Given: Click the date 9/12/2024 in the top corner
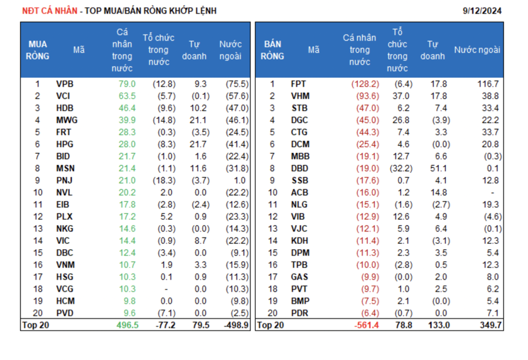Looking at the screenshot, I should point(482,11).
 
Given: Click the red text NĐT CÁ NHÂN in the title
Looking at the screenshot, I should point(49,11).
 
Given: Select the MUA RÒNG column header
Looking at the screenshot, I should point(38,50).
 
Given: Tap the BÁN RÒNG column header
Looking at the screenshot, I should point(272,50).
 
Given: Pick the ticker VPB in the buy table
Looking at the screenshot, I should point(65,84).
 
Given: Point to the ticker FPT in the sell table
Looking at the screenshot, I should point(299,84).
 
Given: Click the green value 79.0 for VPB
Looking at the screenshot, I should point(127,84).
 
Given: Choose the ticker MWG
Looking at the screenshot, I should point(67,120).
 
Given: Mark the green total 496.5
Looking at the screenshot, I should point(127,325).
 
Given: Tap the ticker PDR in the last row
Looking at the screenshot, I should point(299,313).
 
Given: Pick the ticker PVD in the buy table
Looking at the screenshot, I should point(65,313).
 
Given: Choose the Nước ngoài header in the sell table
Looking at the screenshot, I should point(477,50).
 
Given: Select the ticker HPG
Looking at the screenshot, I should point(65,144).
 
